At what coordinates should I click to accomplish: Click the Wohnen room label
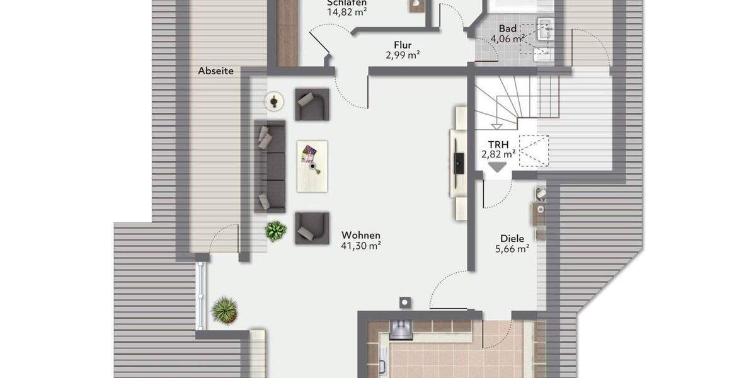(361, 236)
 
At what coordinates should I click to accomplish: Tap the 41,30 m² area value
(361, 246)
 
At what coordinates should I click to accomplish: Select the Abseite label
(215, 71)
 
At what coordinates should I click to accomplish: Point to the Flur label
(403, 45)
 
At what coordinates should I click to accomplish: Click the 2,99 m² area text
(403, 55)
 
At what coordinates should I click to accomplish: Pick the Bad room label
(508, 28)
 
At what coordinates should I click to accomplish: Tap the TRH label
(498, 144)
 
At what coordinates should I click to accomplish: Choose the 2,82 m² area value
(498, 154)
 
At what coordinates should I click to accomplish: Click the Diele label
(512, 239)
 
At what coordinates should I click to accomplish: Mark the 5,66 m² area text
(512, 249)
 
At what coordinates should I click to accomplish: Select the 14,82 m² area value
(346, 11)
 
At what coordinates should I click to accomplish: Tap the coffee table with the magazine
(312, 166)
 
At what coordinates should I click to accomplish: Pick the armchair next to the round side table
(312, 104)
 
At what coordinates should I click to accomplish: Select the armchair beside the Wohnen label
(312, 227)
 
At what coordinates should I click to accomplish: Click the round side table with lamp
(274, 100)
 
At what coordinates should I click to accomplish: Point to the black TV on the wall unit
(459, 162)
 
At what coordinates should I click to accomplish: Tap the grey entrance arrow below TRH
(498, 167)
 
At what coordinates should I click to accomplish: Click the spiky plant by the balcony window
(224, 310)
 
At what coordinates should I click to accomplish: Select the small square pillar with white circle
(404, 303)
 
